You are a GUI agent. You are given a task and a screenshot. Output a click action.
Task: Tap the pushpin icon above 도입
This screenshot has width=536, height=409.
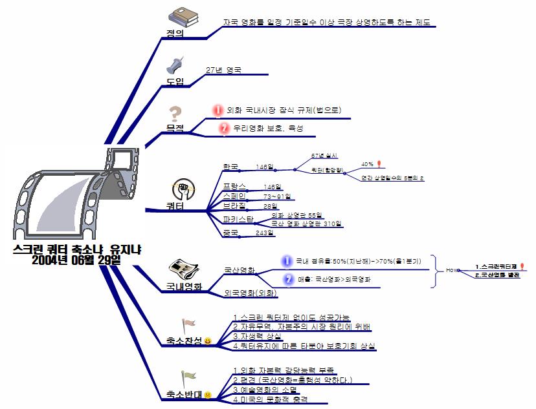175,65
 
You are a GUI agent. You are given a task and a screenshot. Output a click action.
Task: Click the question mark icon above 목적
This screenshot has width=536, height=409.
174,114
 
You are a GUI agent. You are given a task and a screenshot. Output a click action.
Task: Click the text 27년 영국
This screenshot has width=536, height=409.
223,70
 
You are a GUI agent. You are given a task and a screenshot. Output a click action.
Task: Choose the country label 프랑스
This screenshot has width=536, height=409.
234,187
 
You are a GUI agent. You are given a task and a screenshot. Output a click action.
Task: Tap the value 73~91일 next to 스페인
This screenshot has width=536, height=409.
276,196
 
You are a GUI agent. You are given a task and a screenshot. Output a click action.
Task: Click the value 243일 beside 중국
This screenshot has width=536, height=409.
265,233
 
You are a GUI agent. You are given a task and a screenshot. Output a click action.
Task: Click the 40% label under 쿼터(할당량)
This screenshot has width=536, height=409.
367,164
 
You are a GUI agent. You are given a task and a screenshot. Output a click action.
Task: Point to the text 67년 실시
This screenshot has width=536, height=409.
324,156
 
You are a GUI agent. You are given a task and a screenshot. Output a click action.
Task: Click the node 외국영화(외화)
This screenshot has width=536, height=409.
251,293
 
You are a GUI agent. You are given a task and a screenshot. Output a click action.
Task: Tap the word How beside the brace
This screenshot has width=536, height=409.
452,270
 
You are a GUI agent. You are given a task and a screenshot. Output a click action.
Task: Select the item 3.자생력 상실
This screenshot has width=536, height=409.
257,336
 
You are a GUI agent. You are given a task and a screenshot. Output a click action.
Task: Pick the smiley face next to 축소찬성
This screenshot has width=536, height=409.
207,341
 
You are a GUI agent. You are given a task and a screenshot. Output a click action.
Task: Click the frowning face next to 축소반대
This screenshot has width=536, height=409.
208,394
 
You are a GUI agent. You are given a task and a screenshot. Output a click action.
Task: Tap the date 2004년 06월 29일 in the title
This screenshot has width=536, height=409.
76,260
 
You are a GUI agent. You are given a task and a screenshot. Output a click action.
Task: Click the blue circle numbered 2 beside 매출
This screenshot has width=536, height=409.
288,280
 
